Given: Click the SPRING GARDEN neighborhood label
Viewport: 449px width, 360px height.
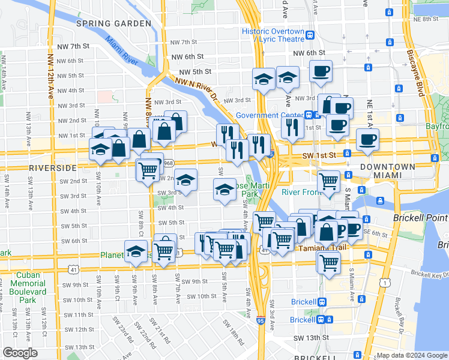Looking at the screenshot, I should point(113,23).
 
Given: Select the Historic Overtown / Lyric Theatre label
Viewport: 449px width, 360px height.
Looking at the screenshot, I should point(278,35).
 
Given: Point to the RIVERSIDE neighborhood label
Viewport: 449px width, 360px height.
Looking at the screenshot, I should point(53,167).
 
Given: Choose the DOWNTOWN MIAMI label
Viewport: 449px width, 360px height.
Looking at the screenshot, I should point(387,171).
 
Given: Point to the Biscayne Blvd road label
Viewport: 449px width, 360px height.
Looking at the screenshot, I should point(420,76).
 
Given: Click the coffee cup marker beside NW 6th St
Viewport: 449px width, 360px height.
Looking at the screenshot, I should point(321,71).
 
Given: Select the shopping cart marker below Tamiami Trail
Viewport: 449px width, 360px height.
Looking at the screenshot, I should point(328,262).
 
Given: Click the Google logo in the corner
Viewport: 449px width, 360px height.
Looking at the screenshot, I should point(20,353).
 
